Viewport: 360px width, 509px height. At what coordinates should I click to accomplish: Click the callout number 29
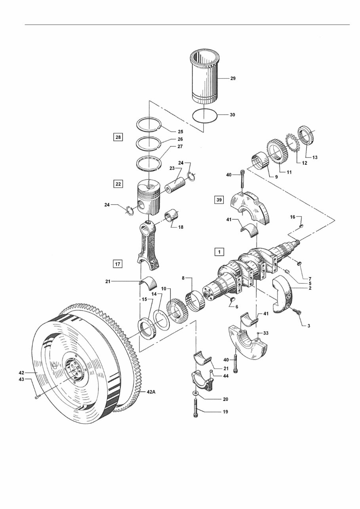coord(232,79)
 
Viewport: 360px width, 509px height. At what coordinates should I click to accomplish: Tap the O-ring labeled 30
coord(205,115)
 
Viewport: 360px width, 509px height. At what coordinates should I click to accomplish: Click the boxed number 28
coord(118,137)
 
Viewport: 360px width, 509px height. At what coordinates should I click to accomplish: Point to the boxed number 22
coord(118,184)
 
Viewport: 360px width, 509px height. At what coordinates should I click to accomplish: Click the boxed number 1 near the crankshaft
coord(219,251)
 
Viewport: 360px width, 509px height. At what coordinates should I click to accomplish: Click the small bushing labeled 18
coord(173,218)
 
